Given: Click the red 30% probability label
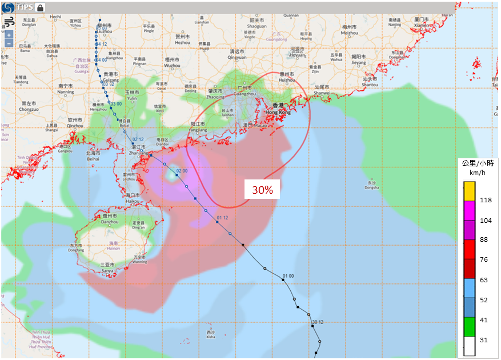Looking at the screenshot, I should coord(262,190).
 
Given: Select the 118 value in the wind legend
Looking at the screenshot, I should coord(486,200).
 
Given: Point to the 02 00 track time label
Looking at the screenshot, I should coord(182,171).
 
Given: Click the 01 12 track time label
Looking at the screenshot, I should coord(222,218).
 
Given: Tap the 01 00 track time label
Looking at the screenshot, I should coord(288,276).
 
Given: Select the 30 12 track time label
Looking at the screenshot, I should coord(318,323).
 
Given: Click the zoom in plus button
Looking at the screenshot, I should coord(9,35).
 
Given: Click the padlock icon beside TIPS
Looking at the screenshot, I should coord(40,7).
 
